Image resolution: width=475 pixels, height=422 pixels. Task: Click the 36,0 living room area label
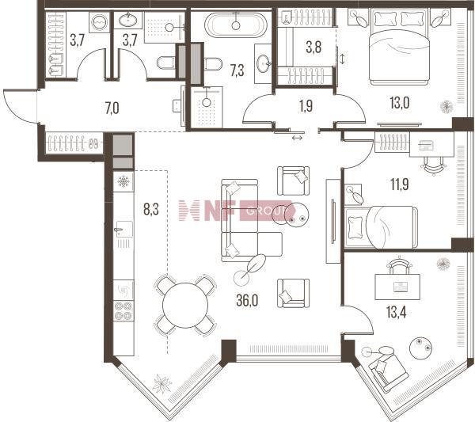click(247, 301)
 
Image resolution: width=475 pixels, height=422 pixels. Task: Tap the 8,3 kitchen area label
click(151, 209)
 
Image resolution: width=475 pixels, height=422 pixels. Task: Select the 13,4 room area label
click(397, 312)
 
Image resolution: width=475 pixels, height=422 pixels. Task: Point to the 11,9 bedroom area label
click(400, 184)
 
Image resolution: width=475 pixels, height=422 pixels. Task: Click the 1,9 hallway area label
click(306, 106)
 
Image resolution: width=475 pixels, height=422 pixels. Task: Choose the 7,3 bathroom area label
click(237, 71)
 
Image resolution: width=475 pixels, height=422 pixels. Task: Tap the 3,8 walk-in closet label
click(313, 48)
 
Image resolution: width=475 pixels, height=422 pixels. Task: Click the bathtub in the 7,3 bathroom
click(236, 25)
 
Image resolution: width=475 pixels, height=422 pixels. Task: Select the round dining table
click(185, 306)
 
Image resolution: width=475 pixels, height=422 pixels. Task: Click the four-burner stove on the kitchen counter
click(123, 311)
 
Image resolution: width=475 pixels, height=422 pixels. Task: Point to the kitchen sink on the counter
click(123, 229)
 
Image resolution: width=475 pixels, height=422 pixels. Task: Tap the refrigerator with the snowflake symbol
click(123, 181)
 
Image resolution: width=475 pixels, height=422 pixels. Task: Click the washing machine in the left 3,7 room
click(100, 22)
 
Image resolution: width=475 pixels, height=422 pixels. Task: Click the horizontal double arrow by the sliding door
click(297, 138)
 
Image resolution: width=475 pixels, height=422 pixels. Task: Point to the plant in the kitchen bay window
click(161, 383)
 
